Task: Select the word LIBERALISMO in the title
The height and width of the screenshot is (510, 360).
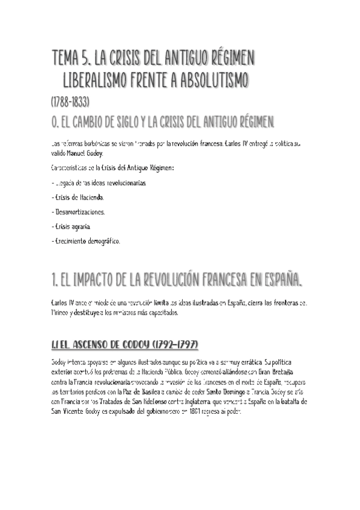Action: coord(102,80)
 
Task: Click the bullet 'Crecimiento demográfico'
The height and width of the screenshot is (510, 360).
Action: coord(87,241)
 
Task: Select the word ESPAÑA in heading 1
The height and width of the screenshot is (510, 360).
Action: coord(278,280)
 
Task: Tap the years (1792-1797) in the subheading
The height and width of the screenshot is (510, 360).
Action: coord(171,345)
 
